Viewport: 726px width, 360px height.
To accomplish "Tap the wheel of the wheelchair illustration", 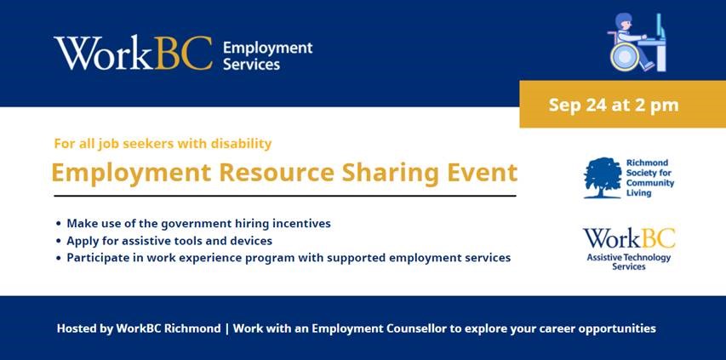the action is pos(624,57).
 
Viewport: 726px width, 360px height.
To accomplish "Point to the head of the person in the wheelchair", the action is pos(624,23).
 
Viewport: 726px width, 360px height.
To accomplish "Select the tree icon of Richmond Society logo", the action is pos(603,178).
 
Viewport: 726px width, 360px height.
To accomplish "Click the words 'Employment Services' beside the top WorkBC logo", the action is pos(267,56).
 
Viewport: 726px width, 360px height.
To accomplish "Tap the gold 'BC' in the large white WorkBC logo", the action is pos(183,53).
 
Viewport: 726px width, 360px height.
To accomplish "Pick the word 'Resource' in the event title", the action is pos(276,173).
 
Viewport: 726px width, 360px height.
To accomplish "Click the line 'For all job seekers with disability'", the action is pos(163,144).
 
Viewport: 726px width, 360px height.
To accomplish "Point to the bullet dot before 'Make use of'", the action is pos(59,224).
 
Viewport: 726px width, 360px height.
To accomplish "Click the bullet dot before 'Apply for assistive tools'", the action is pos(59,241).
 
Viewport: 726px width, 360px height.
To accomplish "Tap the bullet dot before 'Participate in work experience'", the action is pos(59,258).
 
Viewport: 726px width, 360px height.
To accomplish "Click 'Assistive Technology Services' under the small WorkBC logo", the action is pos(629,262).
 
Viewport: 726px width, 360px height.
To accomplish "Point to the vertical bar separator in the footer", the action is pos(227,329).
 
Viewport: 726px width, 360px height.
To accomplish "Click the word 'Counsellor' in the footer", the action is pos(417,329).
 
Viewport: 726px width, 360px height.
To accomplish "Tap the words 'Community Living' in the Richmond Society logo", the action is pos(650,188).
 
